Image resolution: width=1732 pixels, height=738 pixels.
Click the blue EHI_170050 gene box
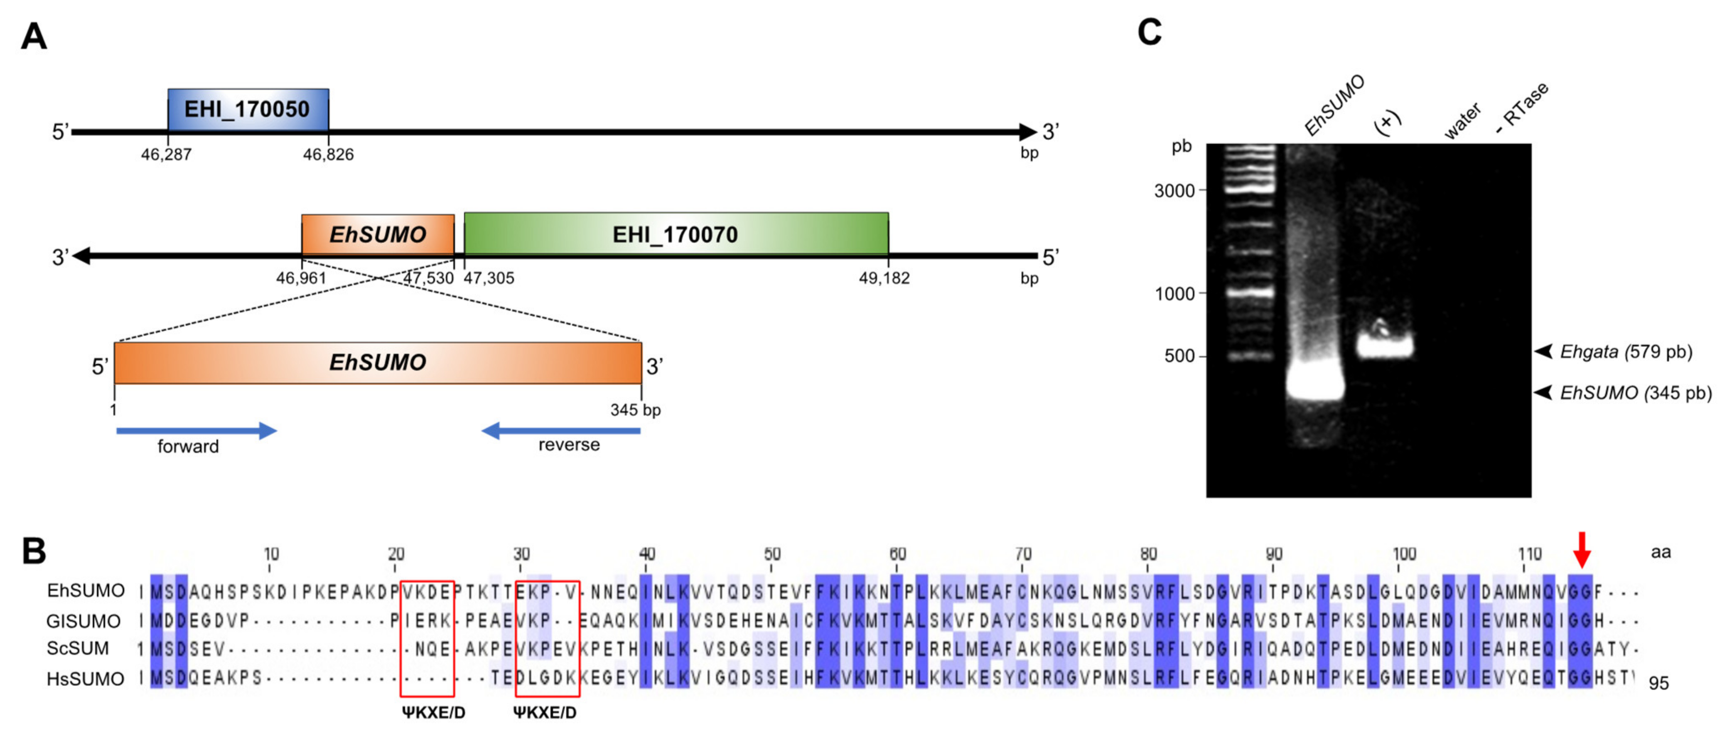coord(248,109)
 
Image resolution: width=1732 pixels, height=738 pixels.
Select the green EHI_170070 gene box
coord(676,234)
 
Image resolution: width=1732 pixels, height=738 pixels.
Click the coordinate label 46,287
coord(166,155)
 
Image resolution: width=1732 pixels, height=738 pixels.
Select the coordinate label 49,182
coord(884,278)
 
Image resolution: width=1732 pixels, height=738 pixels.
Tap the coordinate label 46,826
coord(328,155)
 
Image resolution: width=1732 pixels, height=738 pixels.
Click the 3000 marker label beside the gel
coord(1174,191)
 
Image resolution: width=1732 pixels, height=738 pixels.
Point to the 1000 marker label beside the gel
coord(1174,294)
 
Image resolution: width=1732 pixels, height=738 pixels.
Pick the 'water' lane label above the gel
coord(1462,121)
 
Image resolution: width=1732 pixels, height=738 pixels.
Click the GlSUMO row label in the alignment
coord(84,620)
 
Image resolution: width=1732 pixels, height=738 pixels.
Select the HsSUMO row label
coord(85,679)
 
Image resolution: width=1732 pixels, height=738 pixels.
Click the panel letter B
coord(34,550)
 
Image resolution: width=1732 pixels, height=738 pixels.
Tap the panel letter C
coord(1149,32)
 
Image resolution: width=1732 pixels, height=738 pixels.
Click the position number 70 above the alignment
coord(1023,553)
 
